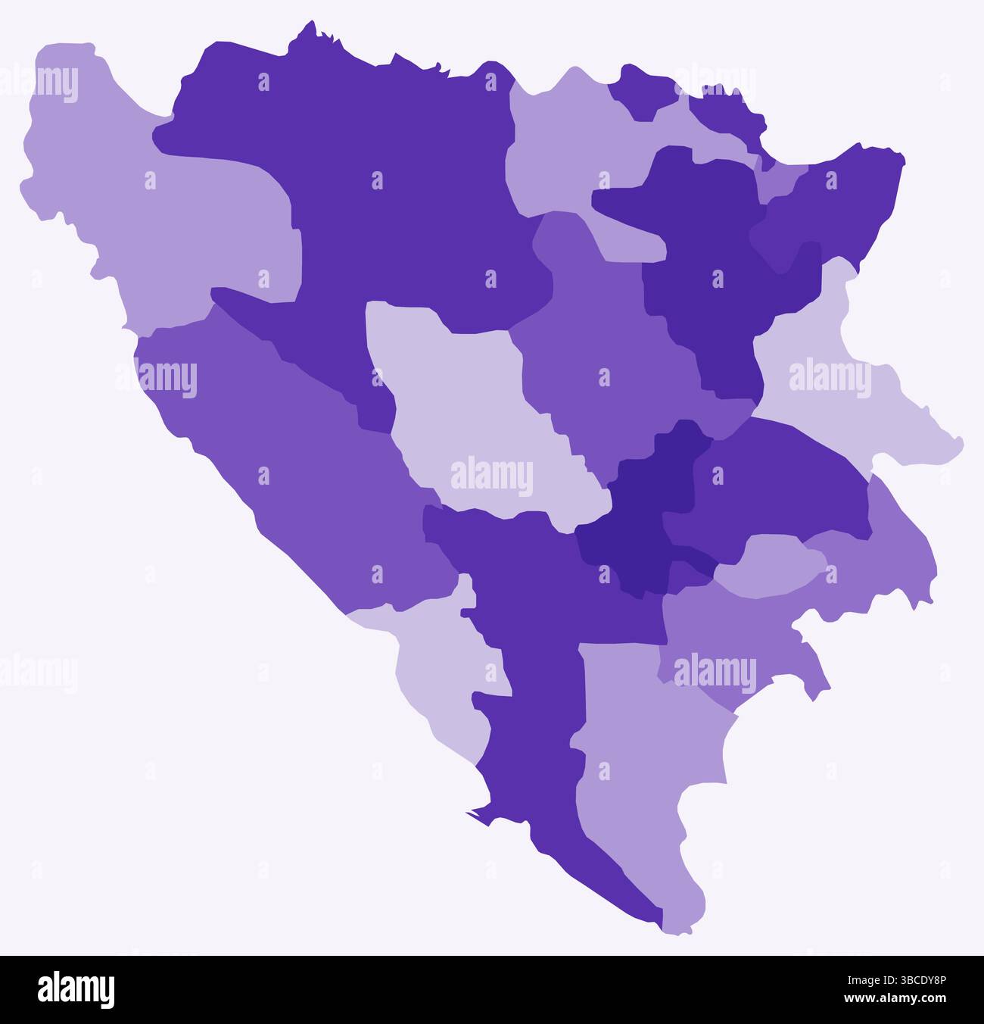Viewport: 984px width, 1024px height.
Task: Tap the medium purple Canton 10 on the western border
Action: click(x=303, y=454)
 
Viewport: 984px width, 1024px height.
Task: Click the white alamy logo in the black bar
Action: click(x=76, y=989)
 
